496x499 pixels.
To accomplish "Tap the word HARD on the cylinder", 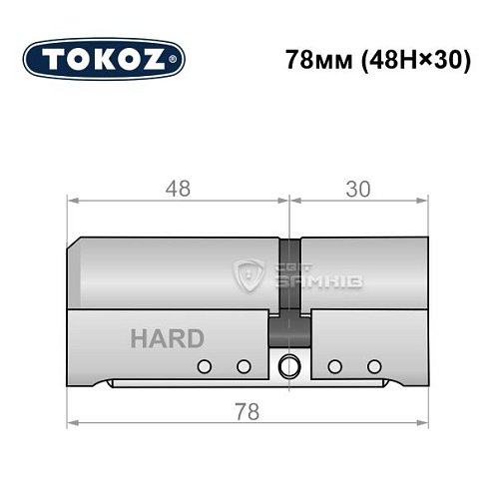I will tap(167, 338).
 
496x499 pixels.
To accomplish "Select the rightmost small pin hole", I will tap(374, 365).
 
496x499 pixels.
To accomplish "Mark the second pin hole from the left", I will tap(242, 365).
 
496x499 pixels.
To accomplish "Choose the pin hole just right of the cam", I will tap(335, 365).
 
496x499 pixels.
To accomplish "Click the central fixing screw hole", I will tap(289, 364).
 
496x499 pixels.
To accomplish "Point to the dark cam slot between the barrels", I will tap(289, 289).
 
